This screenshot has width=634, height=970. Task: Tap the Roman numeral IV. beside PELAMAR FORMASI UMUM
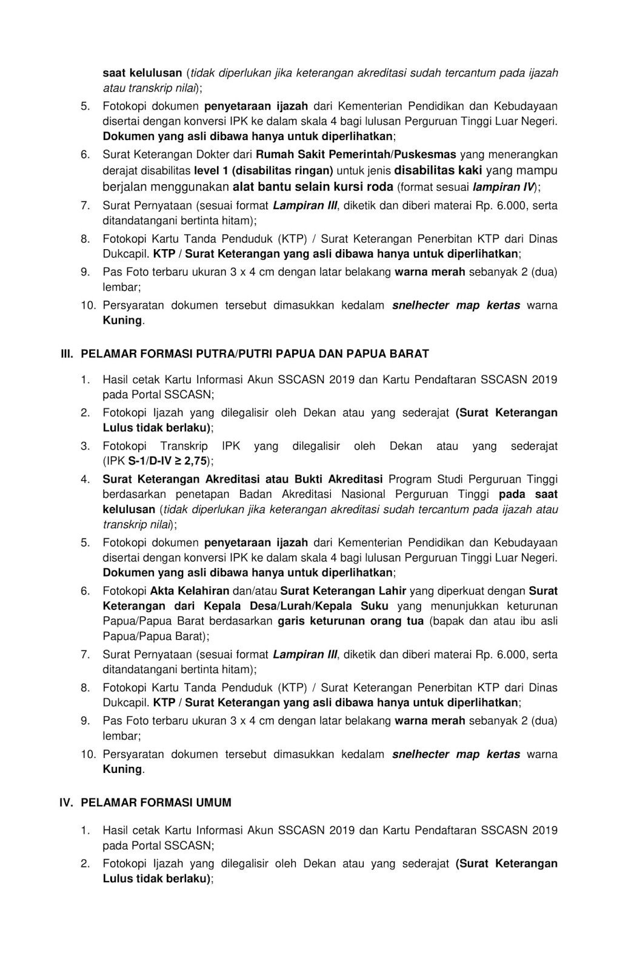(65, 803)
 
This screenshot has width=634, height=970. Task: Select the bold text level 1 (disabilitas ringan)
(264, 170)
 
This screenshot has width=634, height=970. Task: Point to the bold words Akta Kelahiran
(190, 591)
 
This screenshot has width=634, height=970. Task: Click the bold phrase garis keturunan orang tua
(350, 621)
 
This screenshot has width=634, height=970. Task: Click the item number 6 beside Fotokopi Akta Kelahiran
(85, 591)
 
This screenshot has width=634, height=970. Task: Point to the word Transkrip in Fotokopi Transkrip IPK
(185, 446)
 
